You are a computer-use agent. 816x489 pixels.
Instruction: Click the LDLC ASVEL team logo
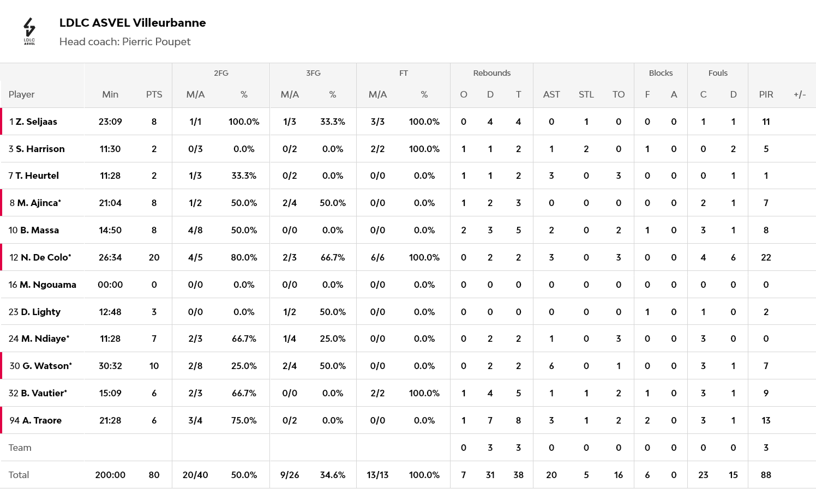(x=29, y=31)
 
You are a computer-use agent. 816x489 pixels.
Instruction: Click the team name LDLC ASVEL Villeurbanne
(x=133, y=23)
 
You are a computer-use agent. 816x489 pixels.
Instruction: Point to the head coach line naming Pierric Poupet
(x=125, y=42)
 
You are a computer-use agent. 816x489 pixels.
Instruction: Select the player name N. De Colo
(x=46, y=257)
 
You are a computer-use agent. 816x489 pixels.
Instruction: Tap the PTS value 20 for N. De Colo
(x=154, y=257)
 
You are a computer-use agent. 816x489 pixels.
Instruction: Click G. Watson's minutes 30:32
(x=110, y=366)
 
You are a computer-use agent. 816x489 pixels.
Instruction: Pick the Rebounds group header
(x=491, y=73)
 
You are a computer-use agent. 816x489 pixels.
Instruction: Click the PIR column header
(x=766, y=94)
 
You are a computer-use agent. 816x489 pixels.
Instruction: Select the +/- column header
(x=800, y=94)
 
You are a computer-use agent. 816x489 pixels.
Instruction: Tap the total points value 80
(x=154, y=475)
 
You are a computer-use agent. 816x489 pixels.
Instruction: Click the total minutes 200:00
(x=110, y=475)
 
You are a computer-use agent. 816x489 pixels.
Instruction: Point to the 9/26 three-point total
(x=290, y=475)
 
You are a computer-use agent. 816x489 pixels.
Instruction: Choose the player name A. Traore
(x=42, y=420)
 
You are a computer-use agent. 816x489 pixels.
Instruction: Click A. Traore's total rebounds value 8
(x=518, y=420)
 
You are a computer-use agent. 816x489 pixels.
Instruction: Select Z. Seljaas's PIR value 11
(x=766, y=122)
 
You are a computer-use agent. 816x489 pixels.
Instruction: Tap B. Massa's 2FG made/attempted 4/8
(x=195, y=230)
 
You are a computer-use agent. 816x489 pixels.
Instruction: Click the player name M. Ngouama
(x=48, y=285)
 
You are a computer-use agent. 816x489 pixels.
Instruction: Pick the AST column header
(x=551, y=94)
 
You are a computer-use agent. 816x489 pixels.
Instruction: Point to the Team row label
(x=20, y=448)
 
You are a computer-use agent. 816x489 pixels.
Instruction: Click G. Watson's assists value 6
(x=551, y=366)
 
